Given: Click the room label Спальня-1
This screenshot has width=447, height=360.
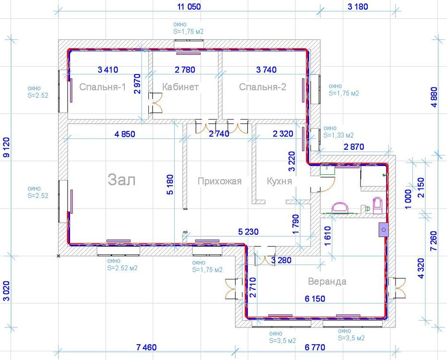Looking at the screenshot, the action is tap(102, 87).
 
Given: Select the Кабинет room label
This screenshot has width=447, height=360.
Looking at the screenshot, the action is tap(180, 87).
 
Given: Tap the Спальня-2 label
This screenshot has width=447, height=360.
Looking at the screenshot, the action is tap(262, 87).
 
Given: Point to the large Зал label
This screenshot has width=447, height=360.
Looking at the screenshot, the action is tap(121, 180).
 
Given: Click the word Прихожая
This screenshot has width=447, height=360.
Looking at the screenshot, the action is tap(219, 181).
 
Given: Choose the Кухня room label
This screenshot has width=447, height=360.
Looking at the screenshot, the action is tap(279, 181).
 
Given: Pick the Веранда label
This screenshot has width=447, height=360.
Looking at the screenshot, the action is tap(327, 282).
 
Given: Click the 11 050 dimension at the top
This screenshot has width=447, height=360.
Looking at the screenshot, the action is tap(189, 7).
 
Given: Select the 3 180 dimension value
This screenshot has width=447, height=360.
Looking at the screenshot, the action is tap(358, 7).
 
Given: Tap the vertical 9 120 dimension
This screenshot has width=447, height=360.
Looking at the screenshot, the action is tap(6, 147).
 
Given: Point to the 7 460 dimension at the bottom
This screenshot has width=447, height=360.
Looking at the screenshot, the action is tap(146, 348).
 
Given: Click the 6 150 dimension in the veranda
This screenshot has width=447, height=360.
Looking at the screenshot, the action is tap(315, 299).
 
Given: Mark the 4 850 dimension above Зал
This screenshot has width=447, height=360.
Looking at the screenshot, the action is tap(124, 134).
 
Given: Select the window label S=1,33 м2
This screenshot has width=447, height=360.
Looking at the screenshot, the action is tap(338, 135).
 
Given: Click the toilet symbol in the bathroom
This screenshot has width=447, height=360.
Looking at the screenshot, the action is tap(377, 205).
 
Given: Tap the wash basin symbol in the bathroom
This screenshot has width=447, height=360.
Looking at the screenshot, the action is tap(340, 207).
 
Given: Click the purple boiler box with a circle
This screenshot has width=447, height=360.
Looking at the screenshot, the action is tap(384, 229).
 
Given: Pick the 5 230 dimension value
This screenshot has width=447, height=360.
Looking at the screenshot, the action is tap(248, 232).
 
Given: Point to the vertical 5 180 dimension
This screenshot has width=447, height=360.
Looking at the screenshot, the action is tap(170, 185).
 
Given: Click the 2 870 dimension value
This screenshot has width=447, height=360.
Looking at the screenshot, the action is tap(354, 147).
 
